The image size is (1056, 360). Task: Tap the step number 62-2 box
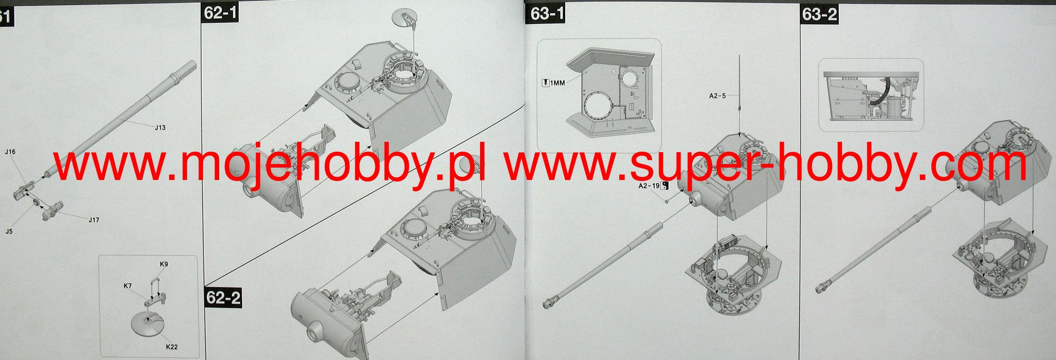point(224,299)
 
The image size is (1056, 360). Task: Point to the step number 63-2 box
point(820,14)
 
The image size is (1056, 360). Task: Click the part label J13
point(160,127)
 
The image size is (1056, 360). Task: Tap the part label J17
point(93,220)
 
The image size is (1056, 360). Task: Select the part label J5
point(9,232)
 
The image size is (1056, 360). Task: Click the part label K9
point(163,264)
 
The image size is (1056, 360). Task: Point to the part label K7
point(128,285)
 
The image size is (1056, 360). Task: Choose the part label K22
point(172,347)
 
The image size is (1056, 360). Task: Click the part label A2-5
point(717,95)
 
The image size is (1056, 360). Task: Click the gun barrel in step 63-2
point(873,250)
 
